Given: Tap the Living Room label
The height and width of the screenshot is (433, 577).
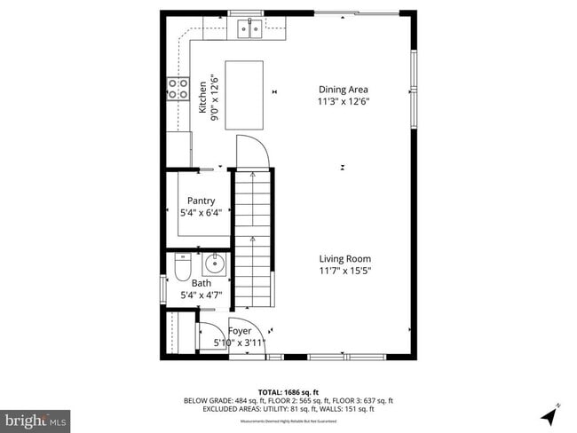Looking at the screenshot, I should (345, 259).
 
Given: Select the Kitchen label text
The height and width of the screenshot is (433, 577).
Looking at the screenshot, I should (203, 97).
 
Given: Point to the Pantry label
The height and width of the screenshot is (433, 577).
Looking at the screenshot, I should (201, 201).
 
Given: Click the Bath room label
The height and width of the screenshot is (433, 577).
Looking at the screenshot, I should (202, 284).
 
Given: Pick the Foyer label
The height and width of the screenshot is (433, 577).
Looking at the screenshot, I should (241, 331).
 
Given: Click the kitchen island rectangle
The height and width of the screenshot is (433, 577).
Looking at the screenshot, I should (244, 95).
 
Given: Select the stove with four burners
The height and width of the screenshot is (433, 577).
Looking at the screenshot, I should (178, 88).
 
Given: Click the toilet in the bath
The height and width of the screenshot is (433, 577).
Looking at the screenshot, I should (182, 266).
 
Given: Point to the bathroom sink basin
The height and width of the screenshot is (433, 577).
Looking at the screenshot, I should (215, 264).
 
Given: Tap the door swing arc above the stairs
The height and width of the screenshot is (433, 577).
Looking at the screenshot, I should (252, 151).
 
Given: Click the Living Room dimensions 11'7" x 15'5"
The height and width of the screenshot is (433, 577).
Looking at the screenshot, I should (345, 271).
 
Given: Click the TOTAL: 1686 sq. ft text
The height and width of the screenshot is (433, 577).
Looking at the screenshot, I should (288, 391).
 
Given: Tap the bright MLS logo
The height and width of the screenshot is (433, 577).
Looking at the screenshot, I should (36, 418).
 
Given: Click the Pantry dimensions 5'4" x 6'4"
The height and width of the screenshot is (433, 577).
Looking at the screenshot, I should (201, 212).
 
